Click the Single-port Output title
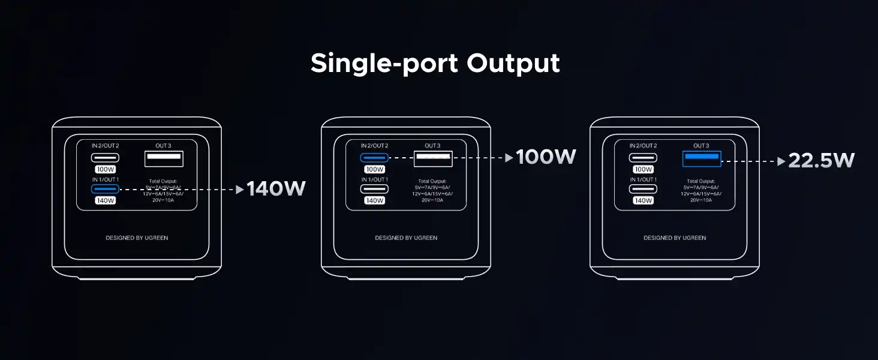435,63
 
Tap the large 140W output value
276,189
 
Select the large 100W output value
546,157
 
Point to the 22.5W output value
821,160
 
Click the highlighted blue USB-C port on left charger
105,189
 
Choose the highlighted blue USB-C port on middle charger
374,158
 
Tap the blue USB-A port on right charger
701,158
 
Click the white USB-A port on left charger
164,158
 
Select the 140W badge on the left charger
105,200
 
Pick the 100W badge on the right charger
643,169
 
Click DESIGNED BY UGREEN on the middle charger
406,238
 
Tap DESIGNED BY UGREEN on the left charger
137,238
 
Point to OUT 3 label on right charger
701,146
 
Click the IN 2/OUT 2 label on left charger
105,146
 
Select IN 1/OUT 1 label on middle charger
374,179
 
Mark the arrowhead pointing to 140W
240,190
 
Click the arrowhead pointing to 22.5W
781,161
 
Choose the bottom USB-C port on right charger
643,189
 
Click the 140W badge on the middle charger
374,200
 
